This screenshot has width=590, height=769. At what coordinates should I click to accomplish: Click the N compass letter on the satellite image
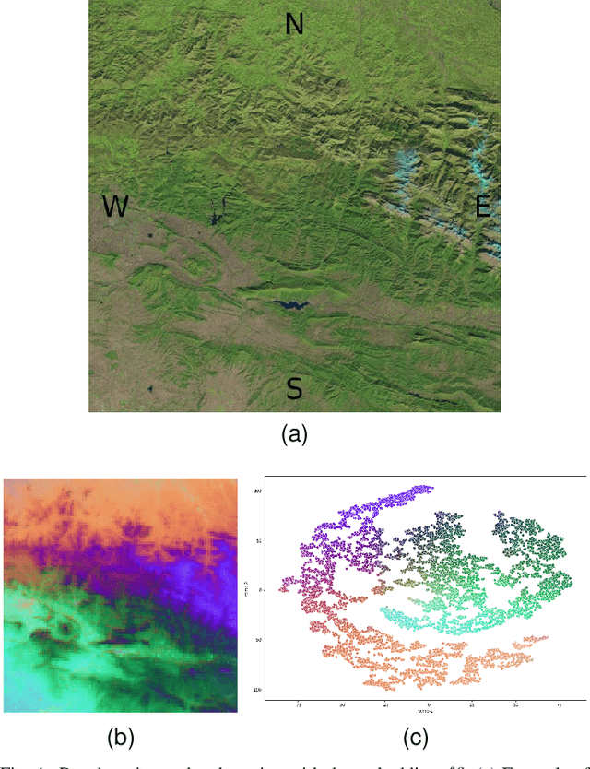[294, 24]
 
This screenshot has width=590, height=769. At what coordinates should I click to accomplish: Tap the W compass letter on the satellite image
[115, 207]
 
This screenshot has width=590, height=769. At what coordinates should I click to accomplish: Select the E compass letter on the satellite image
[481, 207]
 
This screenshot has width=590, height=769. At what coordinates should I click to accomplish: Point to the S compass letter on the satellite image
[294, 388]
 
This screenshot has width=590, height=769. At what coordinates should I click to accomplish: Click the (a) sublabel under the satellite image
[294, 433]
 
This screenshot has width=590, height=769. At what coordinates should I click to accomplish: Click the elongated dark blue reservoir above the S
[289, 304]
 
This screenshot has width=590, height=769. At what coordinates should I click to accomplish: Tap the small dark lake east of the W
[215, 218]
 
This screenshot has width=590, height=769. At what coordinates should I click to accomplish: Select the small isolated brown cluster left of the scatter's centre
[380, 587]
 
